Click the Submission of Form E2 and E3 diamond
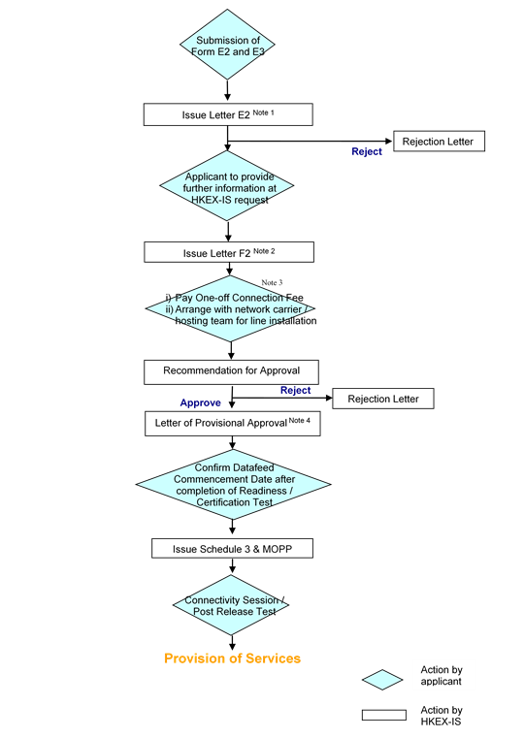227,45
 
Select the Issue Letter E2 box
228,114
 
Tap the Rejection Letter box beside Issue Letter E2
439,142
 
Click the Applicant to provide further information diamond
227,186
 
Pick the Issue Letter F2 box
229,252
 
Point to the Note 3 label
272,282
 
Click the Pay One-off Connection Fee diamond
230,308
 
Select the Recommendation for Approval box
231,372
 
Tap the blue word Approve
201,402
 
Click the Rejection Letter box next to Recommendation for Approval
383,399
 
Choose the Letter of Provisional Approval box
233,424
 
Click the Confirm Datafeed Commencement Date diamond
233,485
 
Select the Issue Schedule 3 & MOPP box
232,548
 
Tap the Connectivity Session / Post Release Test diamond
231,605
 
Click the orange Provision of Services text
232,658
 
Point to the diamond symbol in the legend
382,680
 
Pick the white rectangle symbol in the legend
384,715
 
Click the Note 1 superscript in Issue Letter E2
263,112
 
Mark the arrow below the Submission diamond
227,90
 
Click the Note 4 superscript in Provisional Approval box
300,420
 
